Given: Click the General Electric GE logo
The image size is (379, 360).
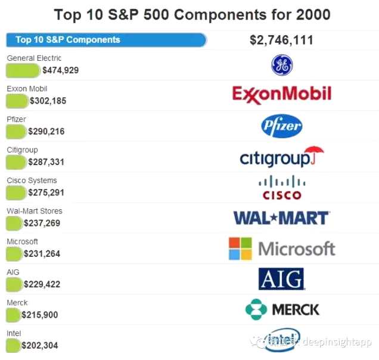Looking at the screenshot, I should click(282, 65).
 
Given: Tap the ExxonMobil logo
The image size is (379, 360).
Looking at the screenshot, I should click(281, 94).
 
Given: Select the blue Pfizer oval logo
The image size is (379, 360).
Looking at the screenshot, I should click(282, 126).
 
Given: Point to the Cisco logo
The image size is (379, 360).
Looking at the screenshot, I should click(282, 187).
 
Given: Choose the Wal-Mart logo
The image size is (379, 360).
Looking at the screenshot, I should click(281, 218).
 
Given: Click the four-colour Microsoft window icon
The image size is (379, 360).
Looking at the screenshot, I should click(240, 249).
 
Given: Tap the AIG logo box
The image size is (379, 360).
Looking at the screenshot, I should click(281, 278).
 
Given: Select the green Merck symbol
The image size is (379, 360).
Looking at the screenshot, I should click(256, 309).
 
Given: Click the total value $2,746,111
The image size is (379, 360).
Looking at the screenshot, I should click(282, 41).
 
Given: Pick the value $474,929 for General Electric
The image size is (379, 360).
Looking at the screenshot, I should click(60, 70).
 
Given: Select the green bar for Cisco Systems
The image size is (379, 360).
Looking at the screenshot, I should click(15, 193).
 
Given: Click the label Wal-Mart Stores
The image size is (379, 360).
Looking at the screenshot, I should click(34, 211).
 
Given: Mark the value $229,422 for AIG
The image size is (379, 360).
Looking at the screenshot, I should click(42, 284).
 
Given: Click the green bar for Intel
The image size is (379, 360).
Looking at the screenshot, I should click(12, 345).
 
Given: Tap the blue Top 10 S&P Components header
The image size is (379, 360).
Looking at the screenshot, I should click(105, 40).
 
